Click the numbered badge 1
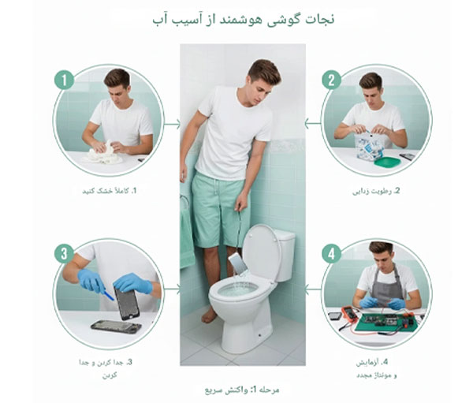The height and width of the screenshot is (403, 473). point(64,80)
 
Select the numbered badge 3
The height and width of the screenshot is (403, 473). point(64,254)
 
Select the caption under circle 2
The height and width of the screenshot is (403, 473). point(376,191)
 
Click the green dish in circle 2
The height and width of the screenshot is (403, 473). point(385,162)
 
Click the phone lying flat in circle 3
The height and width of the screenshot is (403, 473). point(115,326)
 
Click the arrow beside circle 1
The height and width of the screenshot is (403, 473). point(173,123)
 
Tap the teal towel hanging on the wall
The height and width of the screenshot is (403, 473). point(187,229)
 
